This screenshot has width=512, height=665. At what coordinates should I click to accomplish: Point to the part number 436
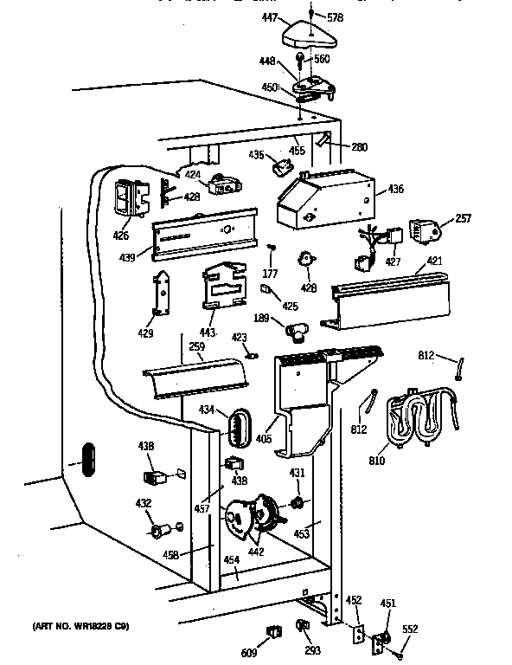395,188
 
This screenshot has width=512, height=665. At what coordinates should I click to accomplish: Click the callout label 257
463,218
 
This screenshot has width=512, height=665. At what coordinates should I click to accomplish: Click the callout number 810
376,461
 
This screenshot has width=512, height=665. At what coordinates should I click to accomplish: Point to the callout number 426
120,236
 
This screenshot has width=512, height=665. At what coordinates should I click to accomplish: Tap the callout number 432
143,503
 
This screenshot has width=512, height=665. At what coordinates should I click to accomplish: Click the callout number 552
411,629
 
